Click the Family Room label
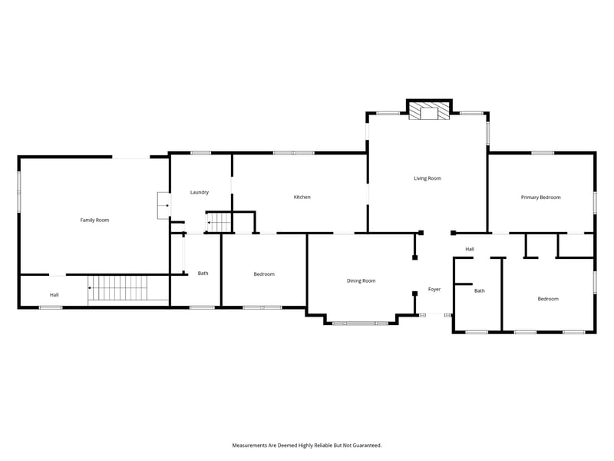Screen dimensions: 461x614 94,221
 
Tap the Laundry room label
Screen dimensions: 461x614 200,192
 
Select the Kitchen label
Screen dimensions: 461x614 302,197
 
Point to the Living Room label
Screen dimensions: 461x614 427,178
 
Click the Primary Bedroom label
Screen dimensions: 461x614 540,197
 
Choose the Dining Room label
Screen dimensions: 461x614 361,281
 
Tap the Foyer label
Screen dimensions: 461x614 434,290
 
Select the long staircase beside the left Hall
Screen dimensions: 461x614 117,289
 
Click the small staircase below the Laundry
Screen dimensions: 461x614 219,223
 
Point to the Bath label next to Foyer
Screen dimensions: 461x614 479,290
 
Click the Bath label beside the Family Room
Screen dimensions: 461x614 203,274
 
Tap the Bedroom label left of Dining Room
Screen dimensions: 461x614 264,274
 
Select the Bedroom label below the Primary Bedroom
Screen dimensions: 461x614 548,299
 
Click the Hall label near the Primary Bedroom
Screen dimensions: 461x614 470,249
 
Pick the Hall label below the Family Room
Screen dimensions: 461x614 54,295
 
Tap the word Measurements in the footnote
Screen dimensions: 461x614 252,445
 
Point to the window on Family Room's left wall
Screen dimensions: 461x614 19,192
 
